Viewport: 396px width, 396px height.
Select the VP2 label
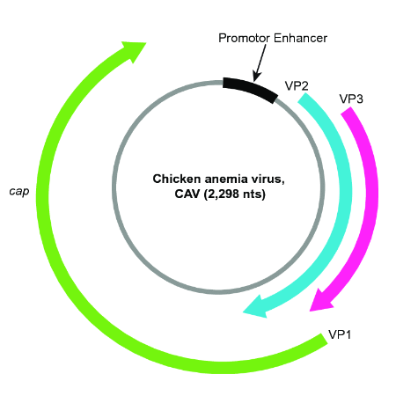297,85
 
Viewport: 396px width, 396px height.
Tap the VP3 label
350,98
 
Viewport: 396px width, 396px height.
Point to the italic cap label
20,189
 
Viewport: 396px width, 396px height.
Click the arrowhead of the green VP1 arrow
135,51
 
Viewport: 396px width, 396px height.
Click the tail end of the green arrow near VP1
319,340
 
